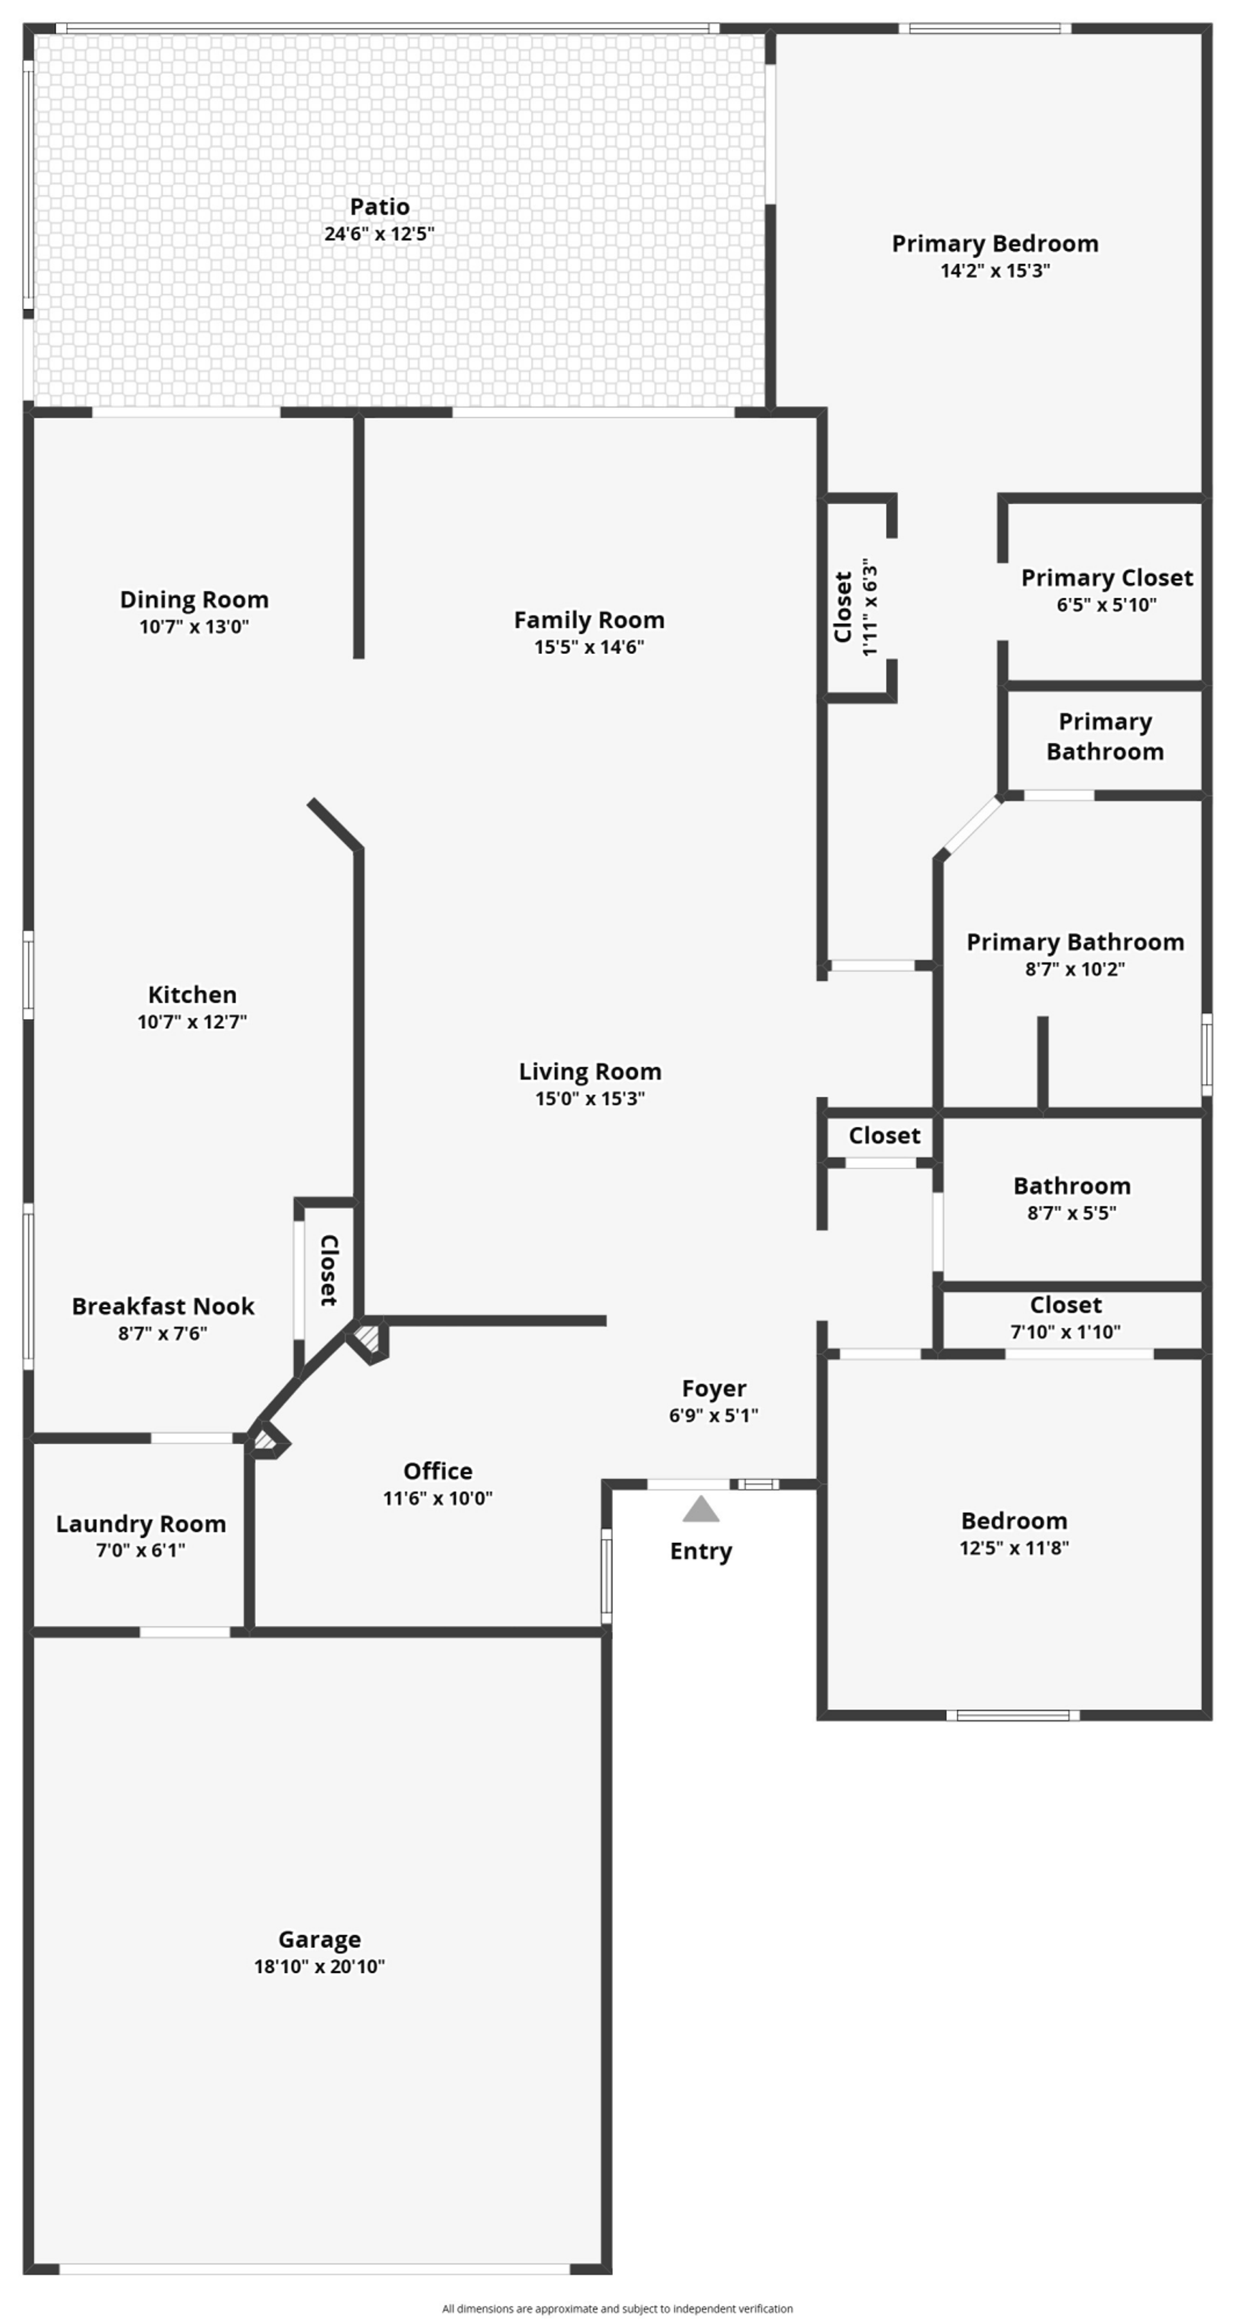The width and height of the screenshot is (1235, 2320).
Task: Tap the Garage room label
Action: [320, 1939]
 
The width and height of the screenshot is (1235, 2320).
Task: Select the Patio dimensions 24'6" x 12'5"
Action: [379, 233]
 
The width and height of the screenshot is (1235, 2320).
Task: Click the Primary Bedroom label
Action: [994, 243]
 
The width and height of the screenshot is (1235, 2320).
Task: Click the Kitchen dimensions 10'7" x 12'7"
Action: [192, 1022]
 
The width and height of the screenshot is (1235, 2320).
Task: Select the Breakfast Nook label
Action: [163, 1306]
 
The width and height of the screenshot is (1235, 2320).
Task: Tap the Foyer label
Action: [714, 1389]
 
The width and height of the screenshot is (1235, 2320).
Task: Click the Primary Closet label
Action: [1106, 577]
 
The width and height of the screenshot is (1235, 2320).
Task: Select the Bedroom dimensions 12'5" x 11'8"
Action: [1014, 1548]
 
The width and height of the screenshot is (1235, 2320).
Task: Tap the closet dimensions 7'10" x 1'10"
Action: [1065, 1331]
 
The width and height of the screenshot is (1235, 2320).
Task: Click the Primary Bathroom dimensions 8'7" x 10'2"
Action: [1075, 969]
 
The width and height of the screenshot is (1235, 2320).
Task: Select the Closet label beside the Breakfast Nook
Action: [329, 1270]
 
